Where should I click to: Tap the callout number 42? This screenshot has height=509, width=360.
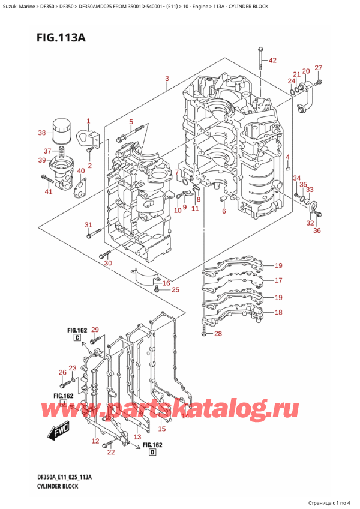coord(272,61)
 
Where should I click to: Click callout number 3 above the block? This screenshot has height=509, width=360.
coord(166,79)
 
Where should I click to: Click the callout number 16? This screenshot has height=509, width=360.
coord(166,283)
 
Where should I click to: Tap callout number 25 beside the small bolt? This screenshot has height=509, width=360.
coord(175,291)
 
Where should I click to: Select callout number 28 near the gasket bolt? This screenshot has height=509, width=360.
coord(217,334)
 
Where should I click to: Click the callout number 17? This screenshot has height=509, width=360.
coord(278,280)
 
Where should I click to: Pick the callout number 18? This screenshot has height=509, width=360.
coord(278,312)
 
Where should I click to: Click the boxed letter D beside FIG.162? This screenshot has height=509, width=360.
coord(152,453)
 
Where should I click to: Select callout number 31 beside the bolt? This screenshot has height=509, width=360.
coord(89,225)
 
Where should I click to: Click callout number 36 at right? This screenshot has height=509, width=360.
coord(317,230)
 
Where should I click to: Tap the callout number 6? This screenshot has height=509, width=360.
coord(223,211)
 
